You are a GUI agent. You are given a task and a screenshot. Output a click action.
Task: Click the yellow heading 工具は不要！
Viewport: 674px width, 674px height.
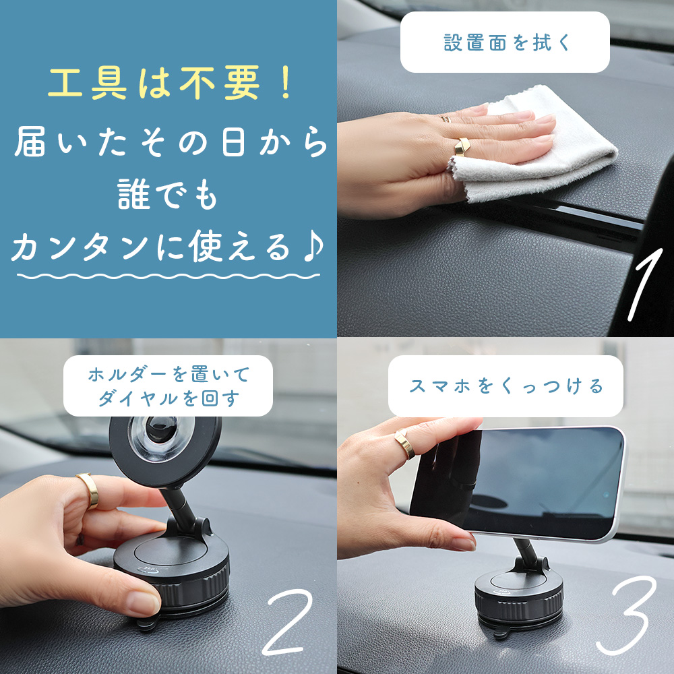[x=168, y=86]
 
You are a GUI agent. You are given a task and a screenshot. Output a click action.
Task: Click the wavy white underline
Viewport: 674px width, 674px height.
[x=168, y=276]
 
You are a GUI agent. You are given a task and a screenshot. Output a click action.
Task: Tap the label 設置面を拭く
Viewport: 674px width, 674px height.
[x=505, y=42]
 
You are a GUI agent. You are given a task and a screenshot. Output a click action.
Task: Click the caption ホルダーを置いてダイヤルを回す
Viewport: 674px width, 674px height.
[x=168, y=386]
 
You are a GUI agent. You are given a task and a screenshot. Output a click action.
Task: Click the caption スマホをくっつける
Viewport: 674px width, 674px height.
[x=506, y=386]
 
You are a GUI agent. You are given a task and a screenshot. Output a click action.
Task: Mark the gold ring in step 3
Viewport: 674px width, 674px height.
[x=405, y=445]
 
